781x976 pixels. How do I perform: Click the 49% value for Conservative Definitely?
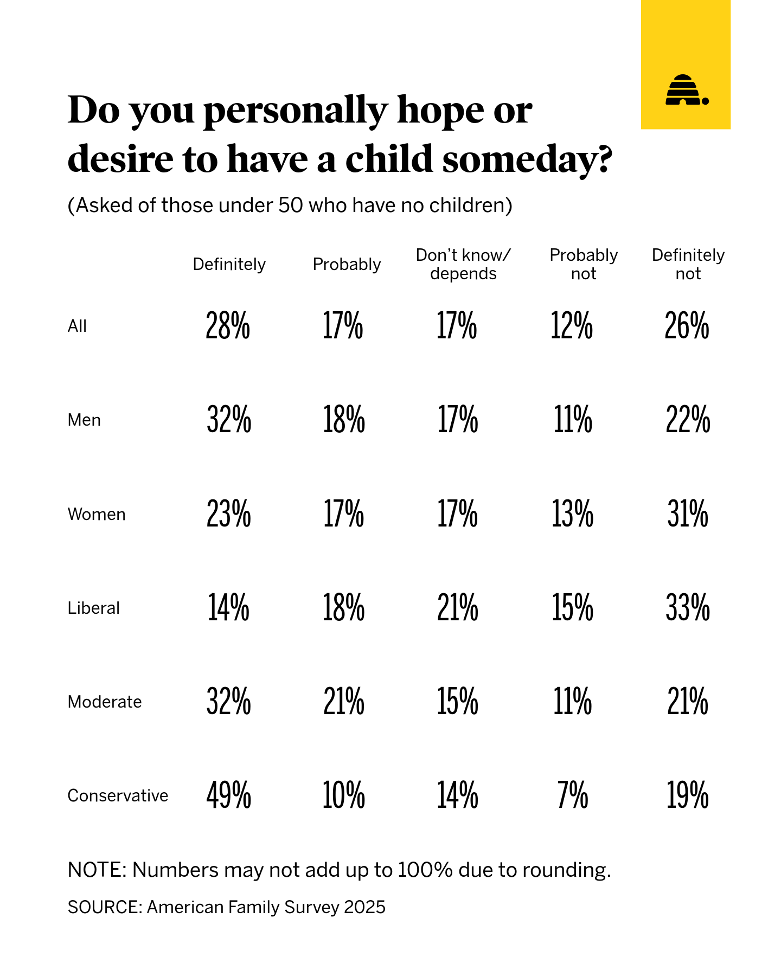pyautogui.click(x=228, y=795)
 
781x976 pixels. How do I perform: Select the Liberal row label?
pyautogui.click(x=93, y=608)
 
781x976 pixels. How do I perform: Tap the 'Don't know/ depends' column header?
pyautogui.click(x=463, y=264)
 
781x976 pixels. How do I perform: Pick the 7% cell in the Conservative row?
pyautogui.click(x=572, y=795)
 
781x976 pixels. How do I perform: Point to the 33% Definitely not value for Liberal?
pyautogui.click(x=687, y=608)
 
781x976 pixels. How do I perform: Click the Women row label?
pyautogui.click(x=97, y=514)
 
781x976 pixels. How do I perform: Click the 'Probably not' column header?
pyautogui.click(x=584, y=264)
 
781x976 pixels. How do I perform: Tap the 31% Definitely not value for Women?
pyautogui.click(x=687, y=514)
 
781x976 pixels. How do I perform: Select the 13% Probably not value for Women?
pyautogui.click(x=572, y=514)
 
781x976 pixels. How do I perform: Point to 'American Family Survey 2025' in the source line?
pyautogui.click(x=266, y=907)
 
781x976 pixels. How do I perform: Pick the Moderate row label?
pyautogui.click(x=105, y=702)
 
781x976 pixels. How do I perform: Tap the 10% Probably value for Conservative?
pyautogui.click(x=343, y=795)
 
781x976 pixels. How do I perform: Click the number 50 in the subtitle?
pyautogui.click(x=290, y=206)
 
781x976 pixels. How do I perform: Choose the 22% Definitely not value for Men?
pyautogui.click(x=687, y=420)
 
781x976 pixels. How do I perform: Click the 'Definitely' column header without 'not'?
pyautogui.click(x=229, y=264)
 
